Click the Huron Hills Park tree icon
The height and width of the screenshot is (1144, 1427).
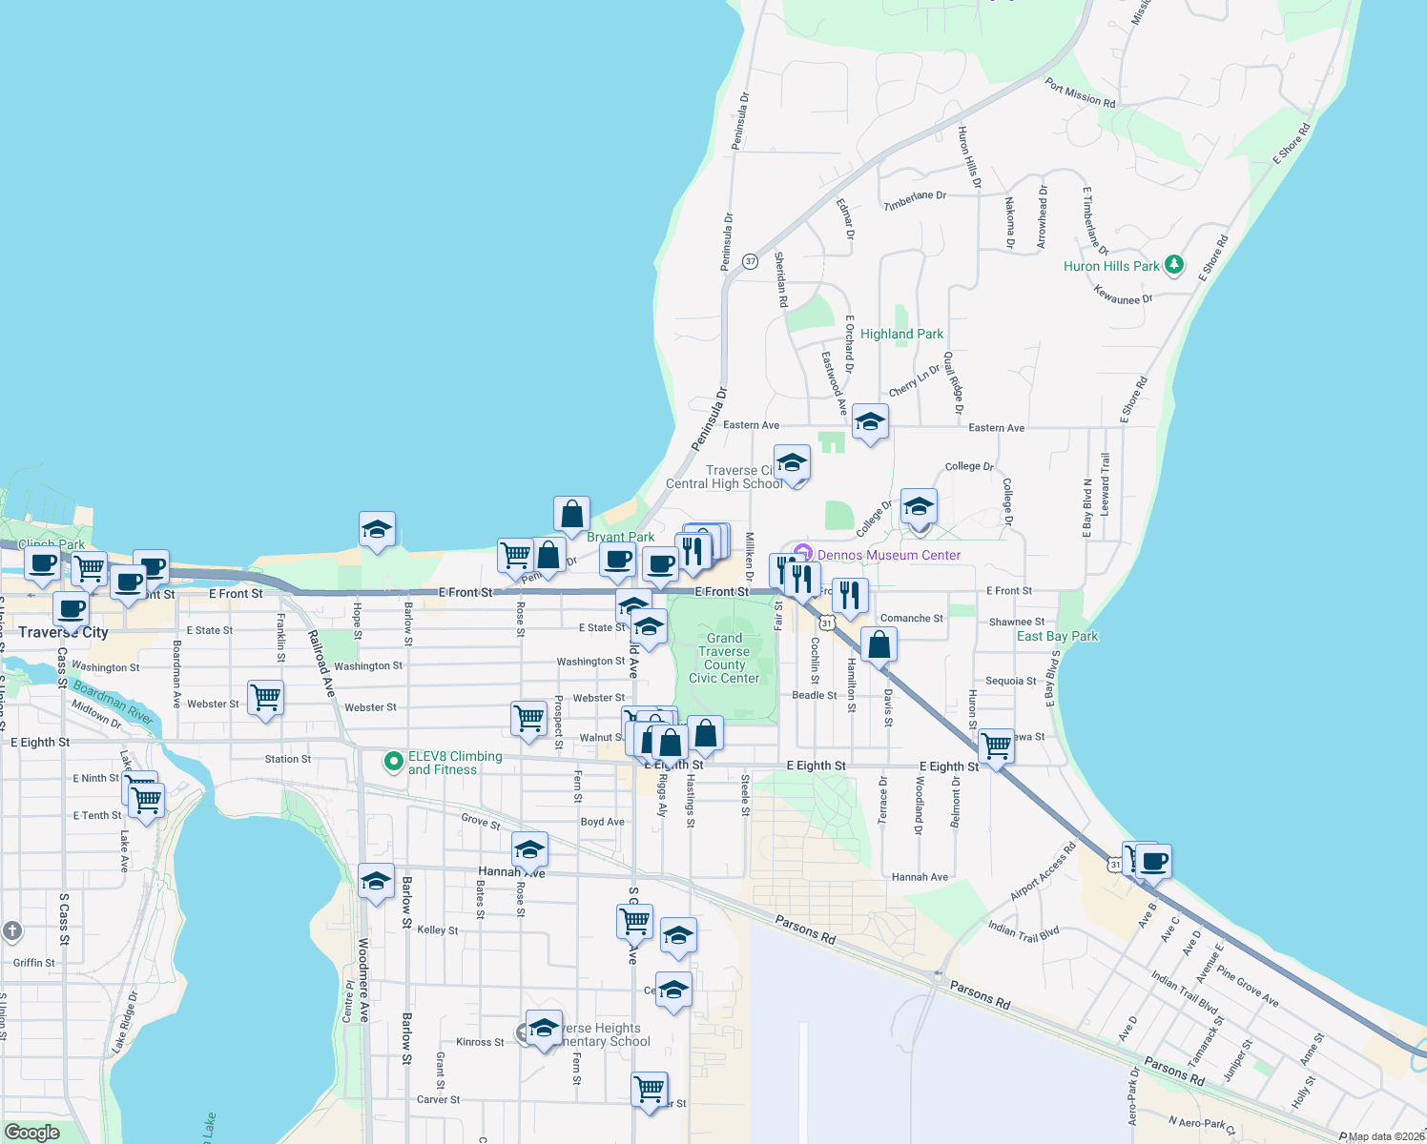click(x=1174, y=265)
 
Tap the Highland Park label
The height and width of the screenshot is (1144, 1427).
click(x=901, y=334)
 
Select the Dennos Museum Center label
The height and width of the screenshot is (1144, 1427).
click(x=888, y=555)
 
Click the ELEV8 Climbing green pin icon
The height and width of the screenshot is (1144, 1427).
click(x=393, y=762)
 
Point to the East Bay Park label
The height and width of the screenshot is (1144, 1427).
click(x=1057, y=636)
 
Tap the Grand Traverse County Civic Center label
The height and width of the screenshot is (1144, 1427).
click(x=724, y=658)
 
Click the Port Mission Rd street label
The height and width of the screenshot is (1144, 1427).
click(x=1080, y=92)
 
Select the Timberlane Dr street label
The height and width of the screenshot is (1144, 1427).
click(x=915, y=200)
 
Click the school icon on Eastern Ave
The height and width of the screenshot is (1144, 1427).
click(x=870, y=422)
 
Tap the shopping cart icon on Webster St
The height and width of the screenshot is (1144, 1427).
click(x=265, y=698)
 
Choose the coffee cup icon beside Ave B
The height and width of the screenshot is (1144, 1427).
click(x=1154, y=861)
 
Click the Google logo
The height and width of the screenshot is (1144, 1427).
click(x=32, y=1132)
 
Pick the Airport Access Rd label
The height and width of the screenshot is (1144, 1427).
click(x=1043, y=870)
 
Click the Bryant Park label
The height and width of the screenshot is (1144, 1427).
click(x=620, y=537)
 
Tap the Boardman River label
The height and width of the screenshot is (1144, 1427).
click(x=113, y=702)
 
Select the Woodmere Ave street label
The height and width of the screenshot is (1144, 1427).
click(x=363, y=979)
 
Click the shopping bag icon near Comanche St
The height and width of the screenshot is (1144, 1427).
click(x=879, y=645)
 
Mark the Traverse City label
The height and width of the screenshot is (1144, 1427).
click(x=63, y=632)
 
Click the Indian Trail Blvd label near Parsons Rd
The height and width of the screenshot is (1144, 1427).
click(x=1024, y=931)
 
